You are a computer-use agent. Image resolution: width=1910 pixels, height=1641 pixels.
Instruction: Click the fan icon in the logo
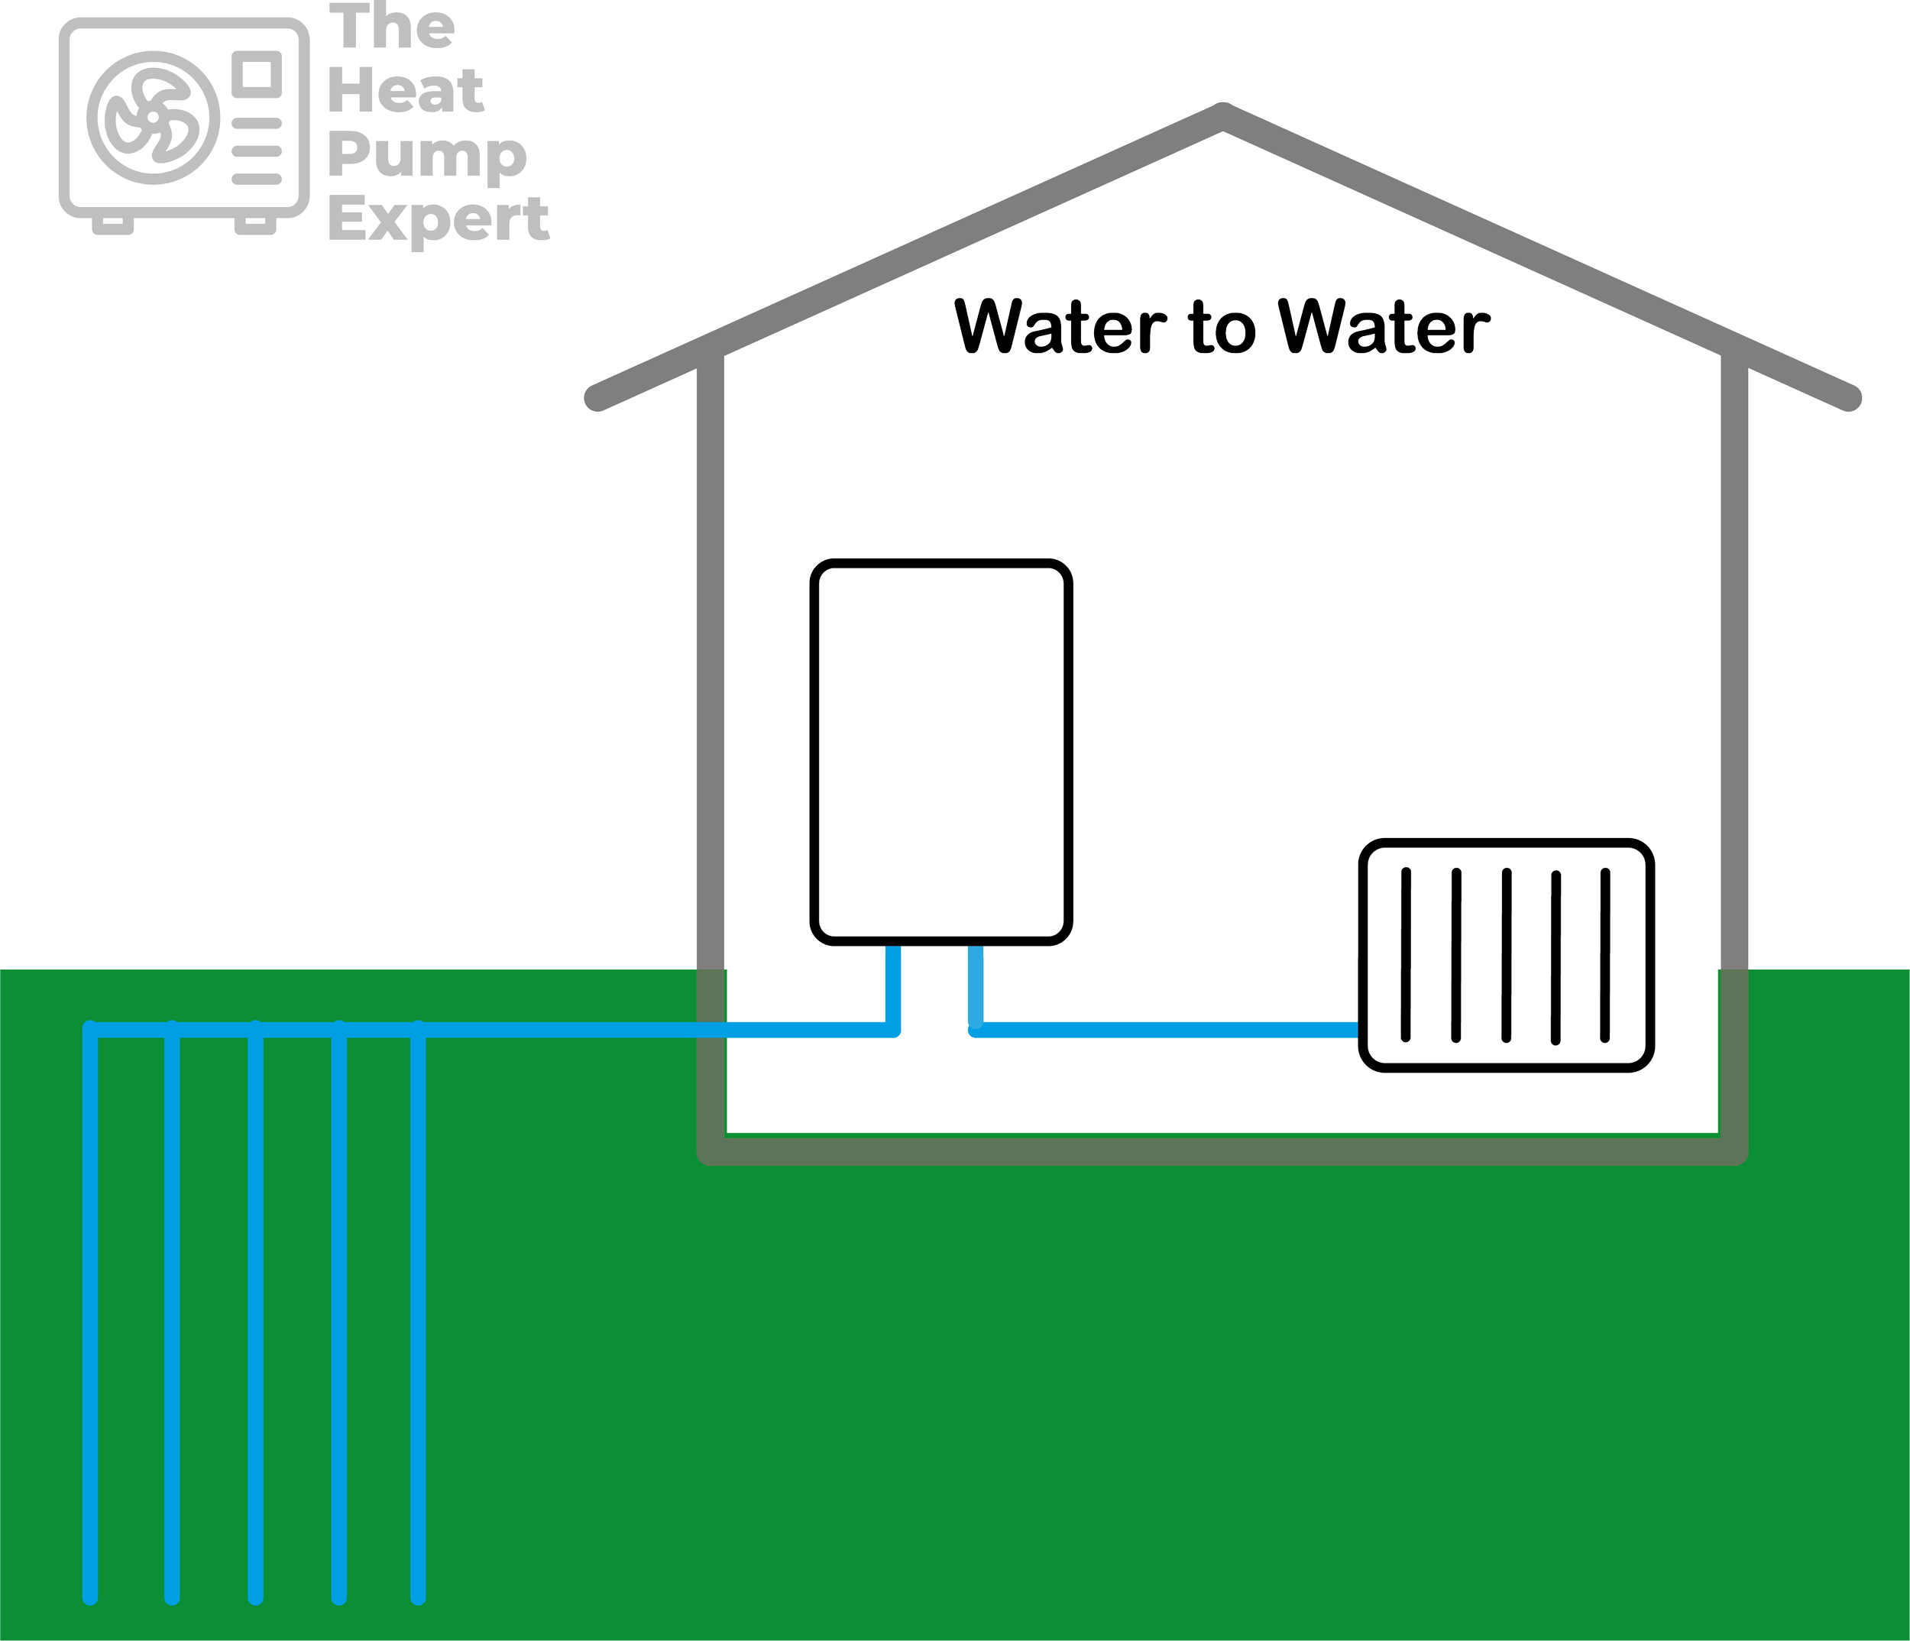(153, 118)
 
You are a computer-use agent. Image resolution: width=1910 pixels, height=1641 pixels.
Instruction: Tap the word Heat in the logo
(406, 90)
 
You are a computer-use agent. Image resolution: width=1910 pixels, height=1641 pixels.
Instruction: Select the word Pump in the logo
(428, 155)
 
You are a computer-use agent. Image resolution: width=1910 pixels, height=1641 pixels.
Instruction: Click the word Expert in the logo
(439, 220)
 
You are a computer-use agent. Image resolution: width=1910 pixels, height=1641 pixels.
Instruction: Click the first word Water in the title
(1060, 326)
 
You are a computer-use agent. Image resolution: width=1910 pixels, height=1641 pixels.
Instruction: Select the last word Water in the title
(1384, 326)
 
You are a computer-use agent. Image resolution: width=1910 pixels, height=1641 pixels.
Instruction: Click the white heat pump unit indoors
(941, 751)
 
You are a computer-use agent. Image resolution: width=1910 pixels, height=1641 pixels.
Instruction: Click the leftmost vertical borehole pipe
(90, 1319)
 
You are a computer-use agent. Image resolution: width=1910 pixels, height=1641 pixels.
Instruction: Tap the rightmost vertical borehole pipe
(419, 1319)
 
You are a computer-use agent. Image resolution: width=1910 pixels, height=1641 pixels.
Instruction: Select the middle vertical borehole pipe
(255, 1319)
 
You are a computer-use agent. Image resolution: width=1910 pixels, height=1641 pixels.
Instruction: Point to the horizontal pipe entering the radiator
(1170, 1030)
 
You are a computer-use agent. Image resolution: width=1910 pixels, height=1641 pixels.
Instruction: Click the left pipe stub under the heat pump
(892, 986)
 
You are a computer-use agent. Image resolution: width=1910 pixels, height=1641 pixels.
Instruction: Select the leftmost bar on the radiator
(1406, 954)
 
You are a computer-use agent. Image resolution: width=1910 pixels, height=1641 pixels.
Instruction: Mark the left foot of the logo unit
(112, 224)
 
